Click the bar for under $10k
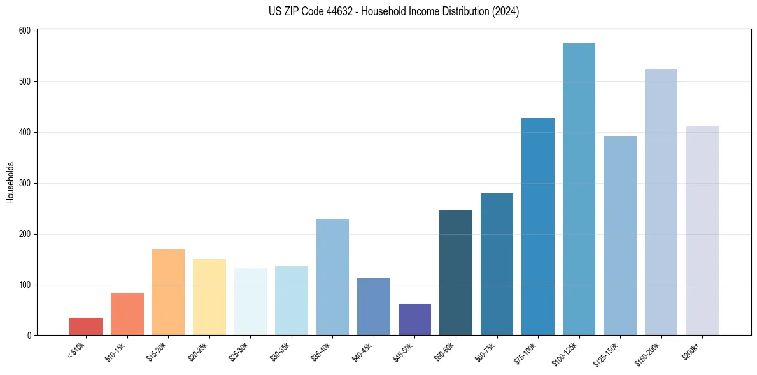(x=86, y=327)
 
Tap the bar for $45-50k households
(x=414, y=320)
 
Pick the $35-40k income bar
(x=332, y=277)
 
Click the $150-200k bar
(x=661, y=202)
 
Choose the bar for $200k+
(x=702, y=231)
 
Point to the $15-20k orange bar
(x=168, y=292)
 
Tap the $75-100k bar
(x=538, y=227)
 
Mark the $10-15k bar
(x=127, y=314)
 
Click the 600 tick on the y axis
(x=26, y=31)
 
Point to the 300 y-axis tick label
(x=26, y=183)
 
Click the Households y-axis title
(x=11, y=182)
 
